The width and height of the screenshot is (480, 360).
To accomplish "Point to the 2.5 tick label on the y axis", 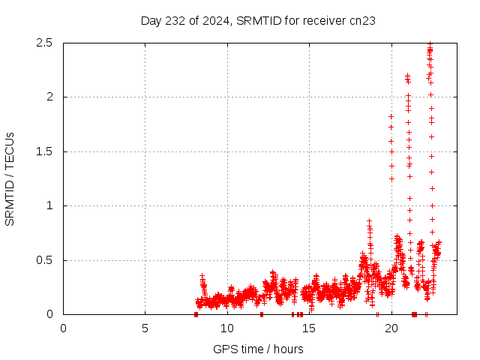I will click(43, 43).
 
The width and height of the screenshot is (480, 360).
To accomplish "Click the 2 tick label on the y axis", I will click(49, 97).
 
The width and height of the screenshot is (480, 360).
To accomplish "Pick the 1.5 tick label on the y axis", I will click(43, 151).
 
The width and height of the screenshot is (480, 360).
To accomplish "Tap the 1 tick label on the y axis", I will click(49, 205).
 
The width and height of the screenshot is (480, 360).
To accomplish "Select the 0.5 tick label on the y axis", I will click(43, 260).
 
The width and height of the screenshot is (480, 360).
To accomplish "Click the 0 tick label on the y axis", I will click(49, 314).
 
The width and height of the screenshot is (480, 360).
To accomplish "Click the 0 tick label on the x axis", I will click(63, 328).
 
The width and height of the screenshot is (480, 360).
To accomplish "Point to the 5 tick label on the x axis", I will click(145, 328).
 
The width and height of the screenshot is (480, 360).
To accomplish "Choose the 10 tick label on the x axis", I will click(227, 328).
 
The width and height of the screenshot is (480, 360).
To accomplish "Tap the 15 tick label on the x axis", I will click(309, 328).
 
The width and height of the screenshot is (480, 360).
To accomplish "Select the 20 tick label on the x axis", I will click(391, 328).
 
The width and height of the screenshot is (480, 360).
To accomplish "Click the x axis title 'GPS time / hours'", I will click(258, 349).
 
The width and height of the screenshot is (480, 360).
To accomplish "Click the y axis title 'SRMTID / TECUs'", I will click(10, 178).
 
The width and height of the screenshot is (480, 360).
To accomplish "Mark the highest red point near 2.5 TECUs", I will click(430, 43).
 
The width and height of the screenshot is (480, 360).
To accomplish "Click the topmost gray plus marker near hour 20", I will click(391, 116).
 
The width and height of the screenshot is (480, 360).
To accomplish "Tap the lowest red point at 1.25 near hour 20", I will click(391, 178).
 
